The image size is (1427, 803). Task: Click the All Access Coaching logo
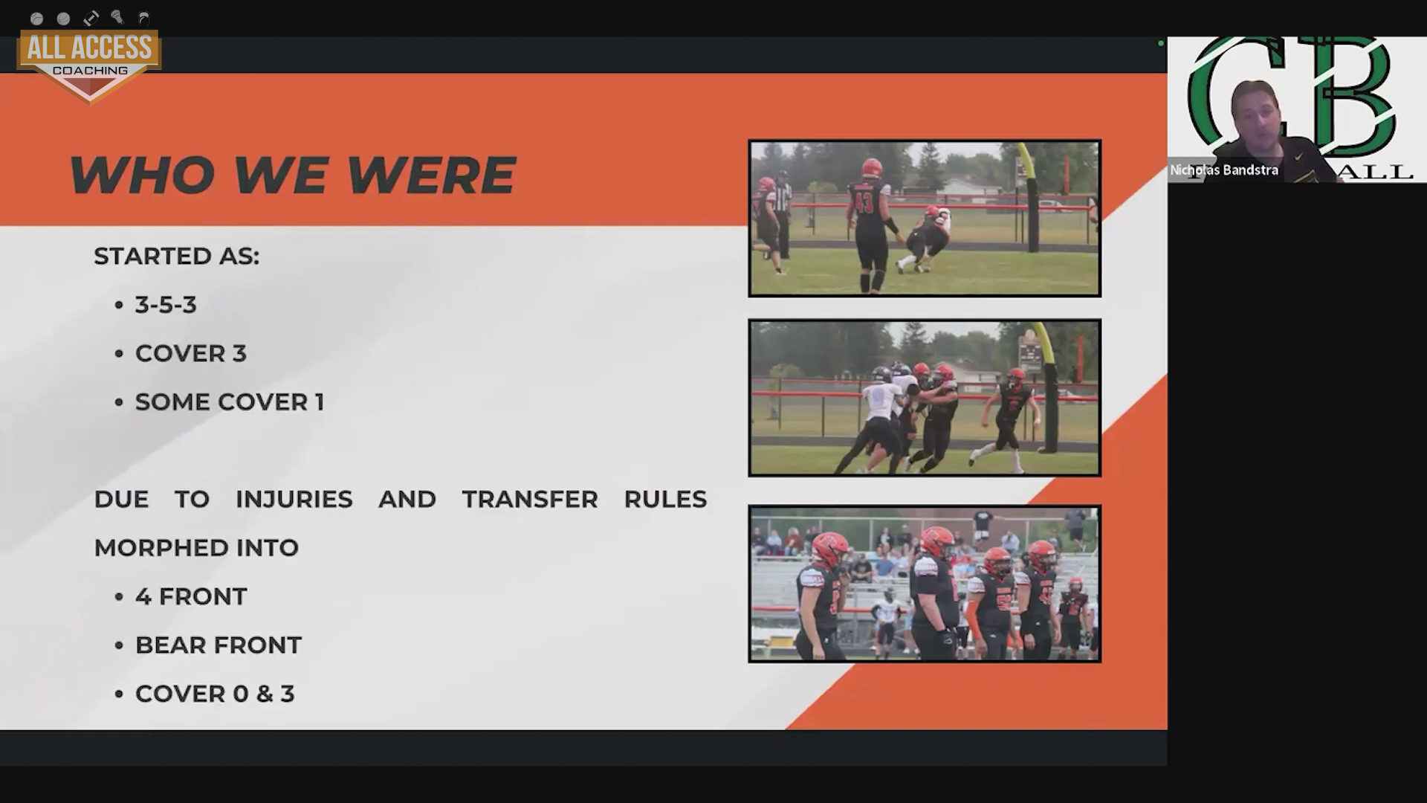(89, 64)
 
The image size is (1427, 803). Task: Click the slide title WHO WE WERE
(292, 175)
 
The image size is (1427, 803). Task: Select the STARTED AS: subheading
(177, 256)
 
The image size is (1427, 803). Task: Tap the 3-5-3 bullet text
(166, 305)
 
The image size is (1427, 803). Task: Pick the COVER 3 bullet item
(190, 353)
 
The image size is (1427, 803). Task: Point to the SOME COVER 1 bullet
(229, 402)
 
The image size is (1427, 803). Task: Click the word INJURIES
(294, 499)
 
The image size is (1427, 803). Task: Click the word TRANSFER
(530, 499)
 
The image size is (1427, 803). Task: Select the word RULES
(665, 499)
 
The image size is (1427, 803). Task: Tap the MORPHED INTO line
(196, 548)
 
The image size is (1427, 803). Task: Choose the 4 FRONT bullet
(191, 596)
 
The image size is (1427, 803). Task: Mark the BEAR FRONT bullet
(219, 645)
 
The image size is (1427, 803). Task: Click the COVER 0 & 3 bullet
(215, 694)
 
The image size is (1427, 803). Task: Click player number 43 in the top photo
(870, 223)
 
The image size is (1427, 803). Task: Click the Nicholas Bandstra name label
(1224, 170)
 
